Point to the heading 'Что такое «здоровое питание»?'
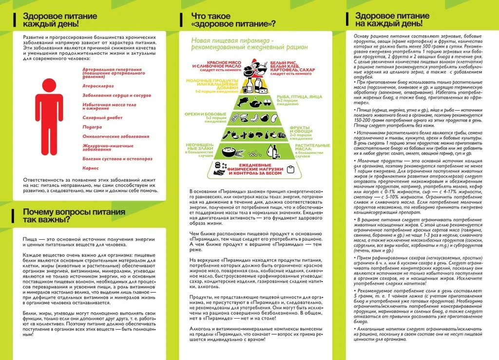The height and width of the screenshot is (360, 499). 233,19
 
